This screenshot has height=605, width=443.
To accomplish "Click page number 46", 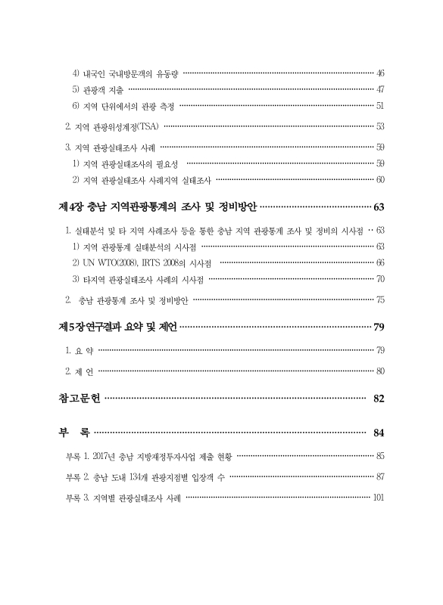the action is (x=380, y=73).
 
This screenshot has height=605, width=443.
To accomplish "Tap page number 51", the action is (x=380, y=105).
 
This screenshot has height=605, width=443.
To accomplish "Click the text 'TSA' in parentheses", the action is (x=147, y=126).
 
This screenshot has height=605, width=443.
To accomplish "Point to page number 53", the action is (x=380, y=126).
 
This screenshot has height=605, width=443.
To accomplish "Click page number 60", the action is (x=380, y=179).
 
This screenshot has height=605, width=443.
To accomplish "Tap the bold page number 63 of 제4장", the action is (x=379, y=206).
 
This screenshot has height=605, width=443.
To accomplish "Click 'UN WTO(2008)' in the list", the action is (x=109, y=262).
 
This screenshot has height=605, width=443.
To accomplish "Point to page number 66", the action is (x=380, y=262).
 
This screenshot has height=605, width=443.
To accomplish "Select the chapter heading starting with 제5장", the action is (x=117, y=327).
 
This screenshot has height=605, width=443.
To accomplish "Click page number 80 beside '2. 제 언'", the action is (x=380, y=371).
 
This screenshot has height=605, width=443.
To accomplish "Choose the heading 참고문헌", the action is (x=78, y=399).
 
